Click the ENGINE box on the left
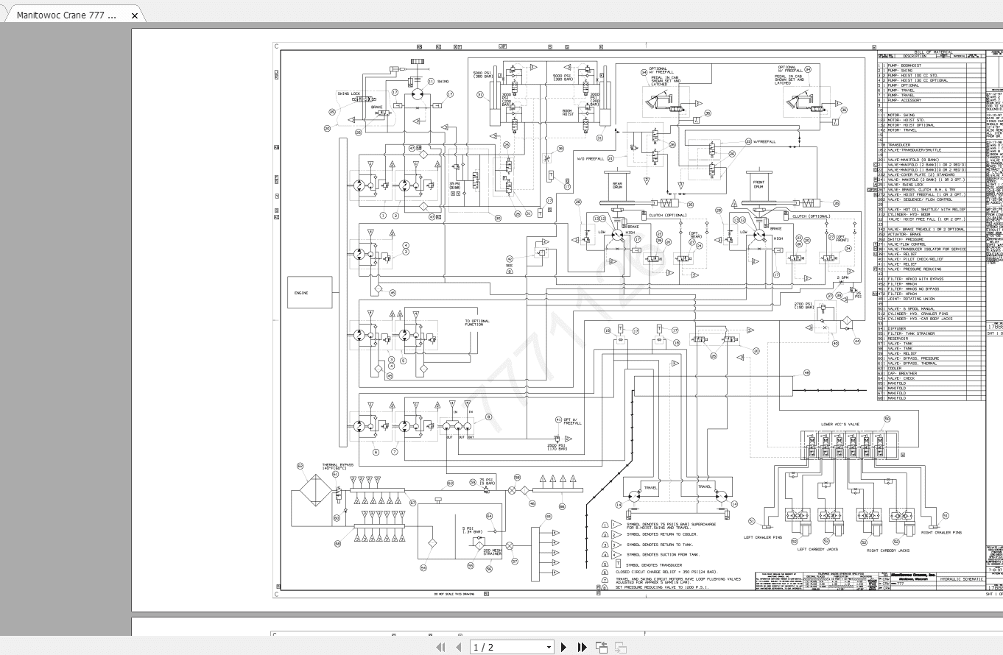tap(309, 293)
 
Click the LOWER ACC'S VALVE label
tap(840, 425)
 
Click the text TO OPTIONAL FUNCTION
tap(476, 323)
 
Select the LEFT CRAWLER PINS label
tap(762, 537)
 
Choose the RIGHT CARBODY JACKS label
tap(887, 550)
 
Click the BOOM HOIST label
tap(568, 113)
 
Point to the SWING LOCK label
tap(348, 93)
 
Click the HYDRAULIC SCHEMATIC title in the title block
tap(961, 579)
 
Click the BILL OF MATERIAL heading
tap(932, 52)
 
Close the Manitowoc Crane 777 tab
tap(134, 15)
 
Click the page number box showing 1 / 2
tap(511, 647)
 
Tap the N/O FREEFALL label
tap(590, 159)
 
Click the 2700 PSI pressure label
tap(803, 305)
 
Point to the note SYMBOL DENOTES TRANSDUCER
tap(653, 564)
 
